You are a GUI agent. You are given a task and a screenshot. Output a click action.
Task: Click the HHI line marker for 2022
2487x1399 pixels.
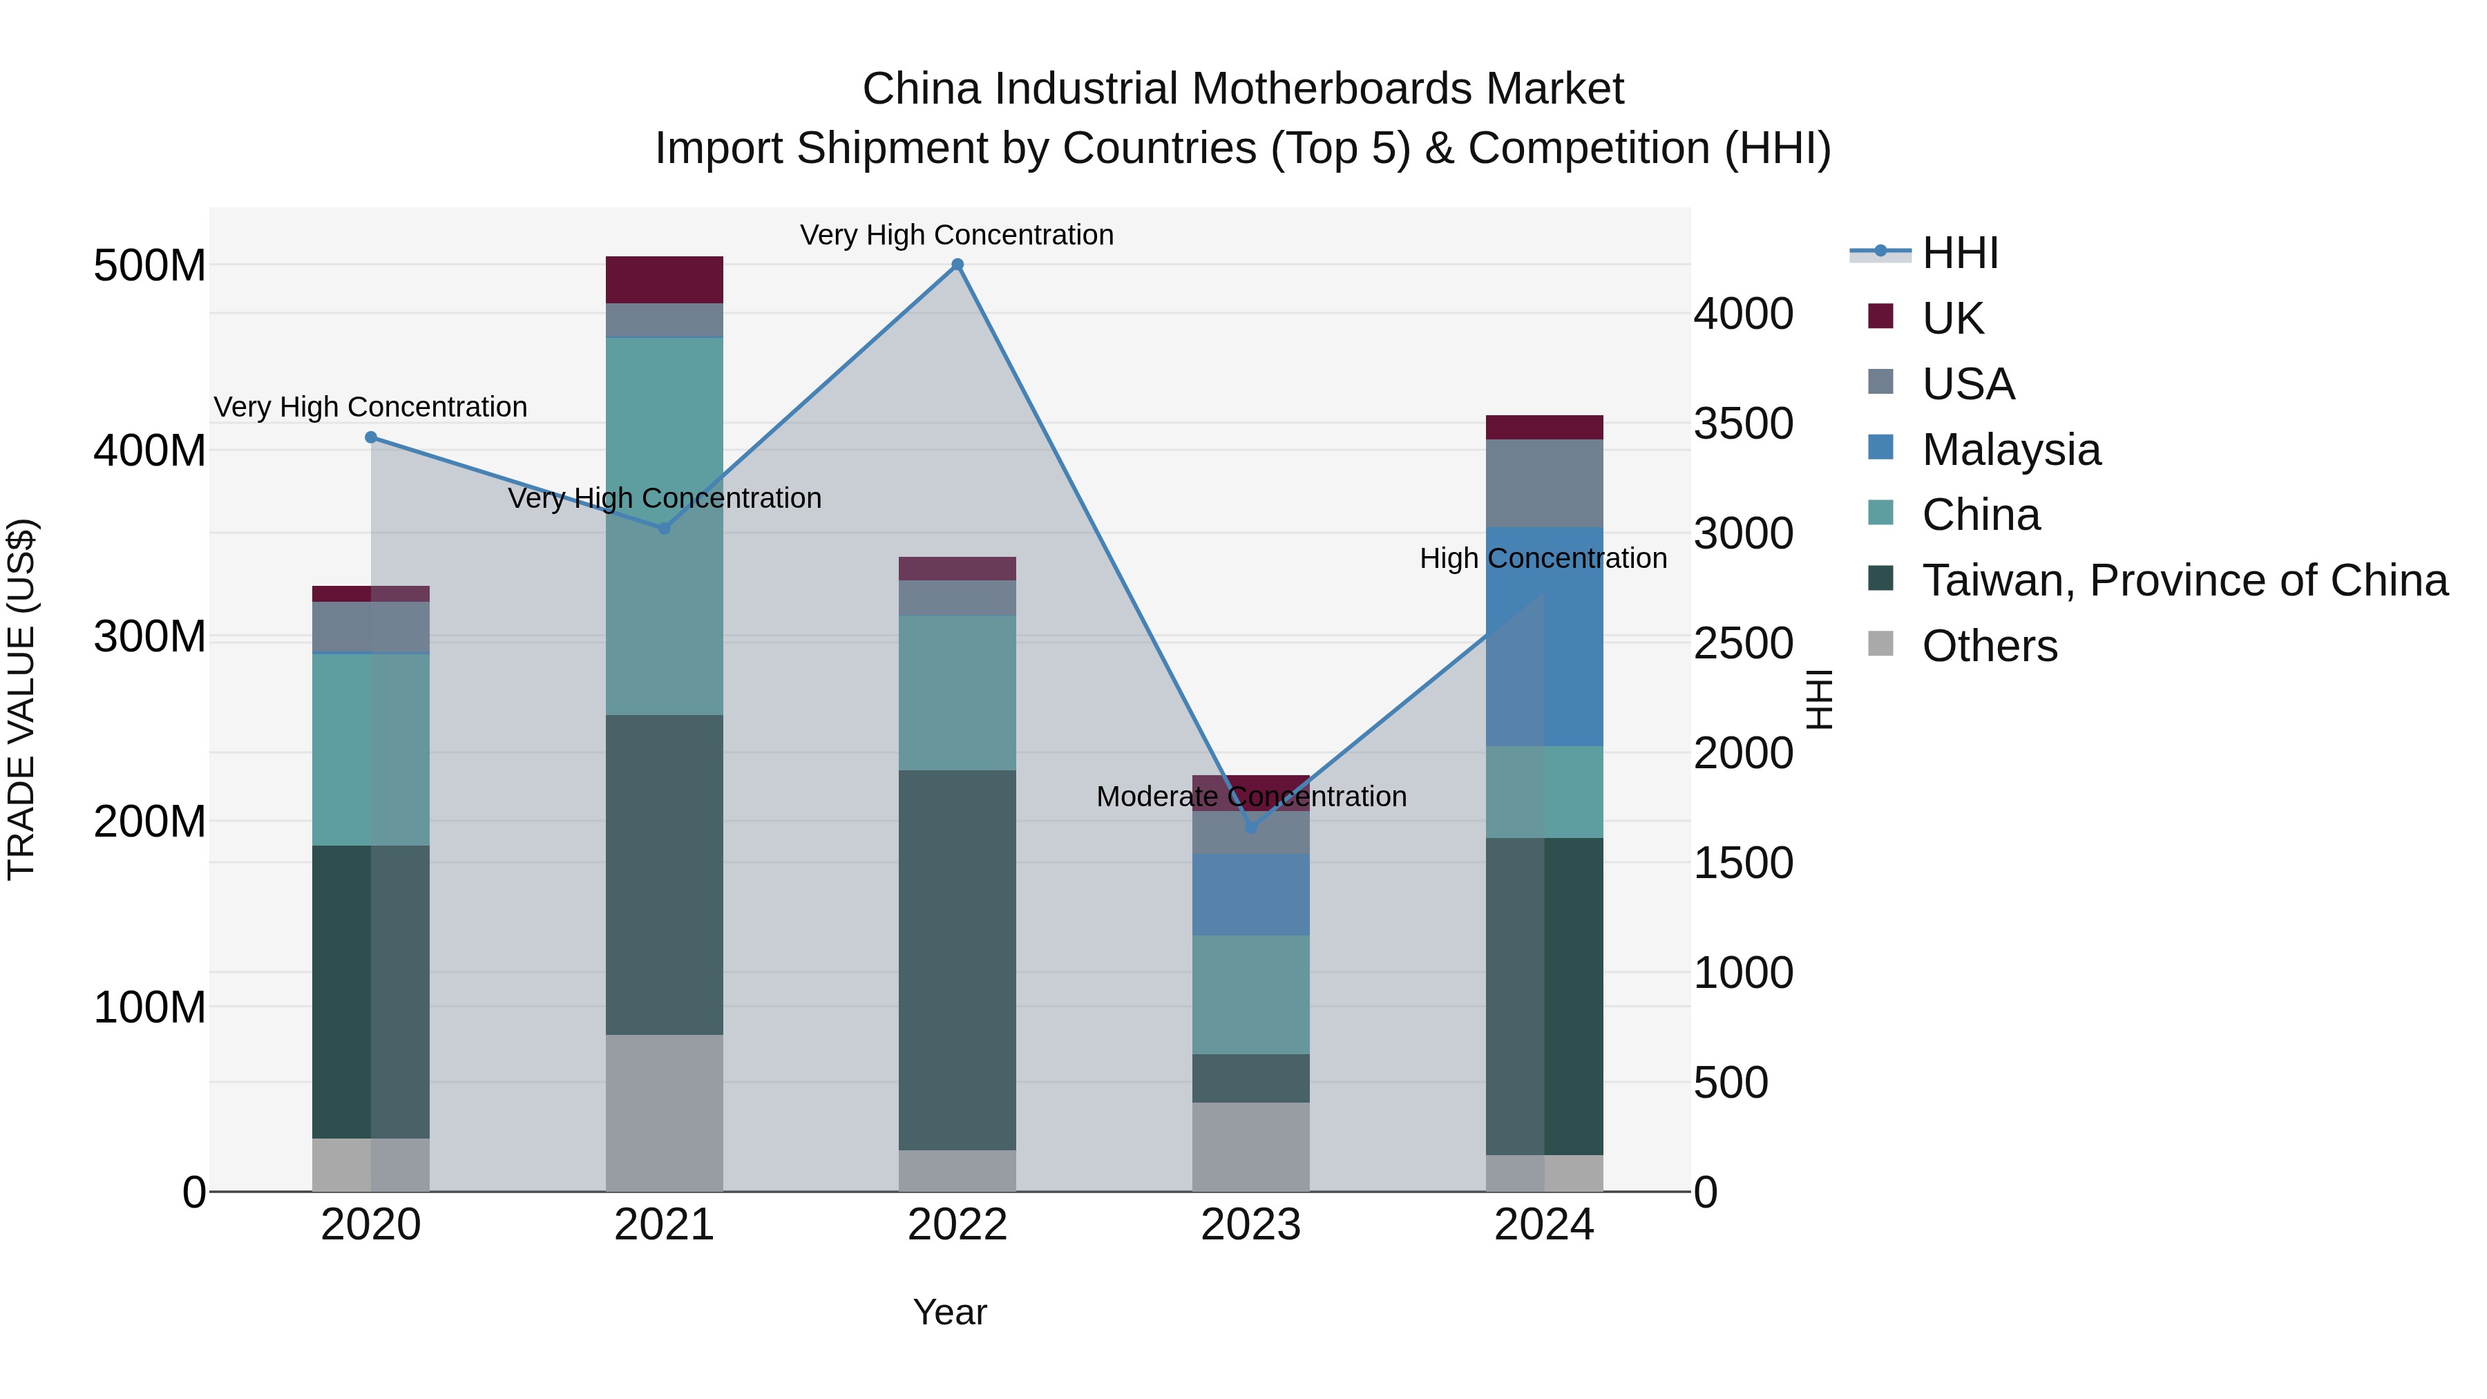(957, 265)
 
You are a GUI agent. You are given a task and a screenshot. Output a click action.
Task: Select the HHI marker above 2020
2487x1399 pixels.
(371, 437)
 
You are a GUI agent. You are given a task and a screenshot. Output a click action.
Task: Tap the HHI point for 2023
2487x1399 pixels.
(1251, 828)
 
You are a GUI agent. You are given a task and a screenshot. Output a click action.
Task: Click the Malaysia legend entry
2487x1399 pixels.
(2010, 450)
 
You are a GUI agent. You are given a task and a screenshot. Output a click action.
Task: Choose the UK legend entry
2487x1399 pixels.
(1952, 318)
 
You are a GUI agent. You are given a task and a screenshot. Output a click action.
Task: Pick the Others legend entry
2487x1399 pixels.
(1989, 646)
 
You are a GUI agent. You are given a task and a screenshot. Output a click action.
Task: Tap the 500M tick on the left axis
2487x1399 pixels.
(150, 265)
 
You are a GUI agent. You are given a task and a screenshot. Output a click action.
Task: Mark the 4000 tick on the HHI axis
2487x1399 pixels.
(1744, 314)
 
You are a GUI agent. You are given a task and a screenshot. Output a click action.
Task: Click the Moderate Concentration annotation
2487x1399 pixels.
(1251, 797)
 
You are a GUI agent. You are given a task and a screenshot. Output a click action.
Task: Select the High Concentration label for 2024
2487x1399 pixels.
(1543, 558)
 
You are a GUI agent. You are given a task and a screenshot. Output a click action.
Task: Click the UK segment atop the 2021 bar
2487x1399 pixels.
(664, 280)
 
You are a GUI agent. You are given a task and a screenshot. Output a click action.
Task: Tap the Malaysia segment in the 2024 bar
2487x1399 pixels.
(1545, 637)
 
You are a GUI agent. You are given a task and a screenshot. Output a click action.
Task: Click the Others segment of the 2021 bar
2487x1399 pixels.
(664, 1112)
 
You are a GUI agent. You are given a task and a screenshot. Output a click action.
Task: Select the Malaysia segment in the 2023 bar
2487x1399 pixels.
(1251, 894)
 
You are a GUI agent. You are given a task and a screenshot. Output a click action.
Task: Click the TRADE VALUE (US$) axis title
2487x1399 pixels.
(21, 699)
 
